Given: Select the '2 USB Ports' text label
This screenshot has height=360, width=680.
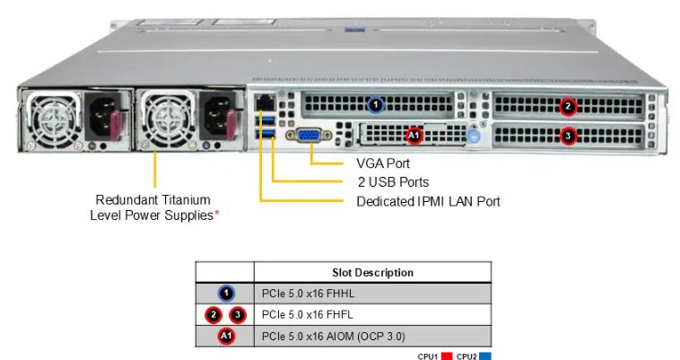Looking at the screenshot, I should [391, 182].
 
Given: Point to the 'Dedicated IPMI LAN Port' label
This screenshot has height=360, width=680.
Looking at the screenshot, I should [428, 201].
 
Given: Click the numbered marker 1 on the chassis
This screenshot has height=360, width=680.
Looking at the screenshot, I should [376, 105].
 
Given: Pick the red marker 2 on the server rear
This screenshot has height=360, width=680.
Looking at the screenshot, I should [568, 106].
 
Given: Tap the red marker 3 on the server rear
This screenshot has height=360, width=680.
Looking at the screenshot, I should [568, 136].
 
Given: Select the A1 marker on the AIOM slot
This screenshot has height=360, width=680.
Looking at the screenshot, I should [414, 136].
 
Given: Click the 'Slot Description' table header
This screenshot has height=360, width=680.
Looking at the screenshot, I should [372, 272].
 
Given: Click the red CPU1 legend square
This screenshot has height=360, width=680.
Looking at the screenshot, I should [444, 356].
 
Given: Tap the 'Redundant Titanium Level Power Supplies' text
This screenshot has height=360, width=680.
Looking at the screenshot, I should [154, 207].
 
